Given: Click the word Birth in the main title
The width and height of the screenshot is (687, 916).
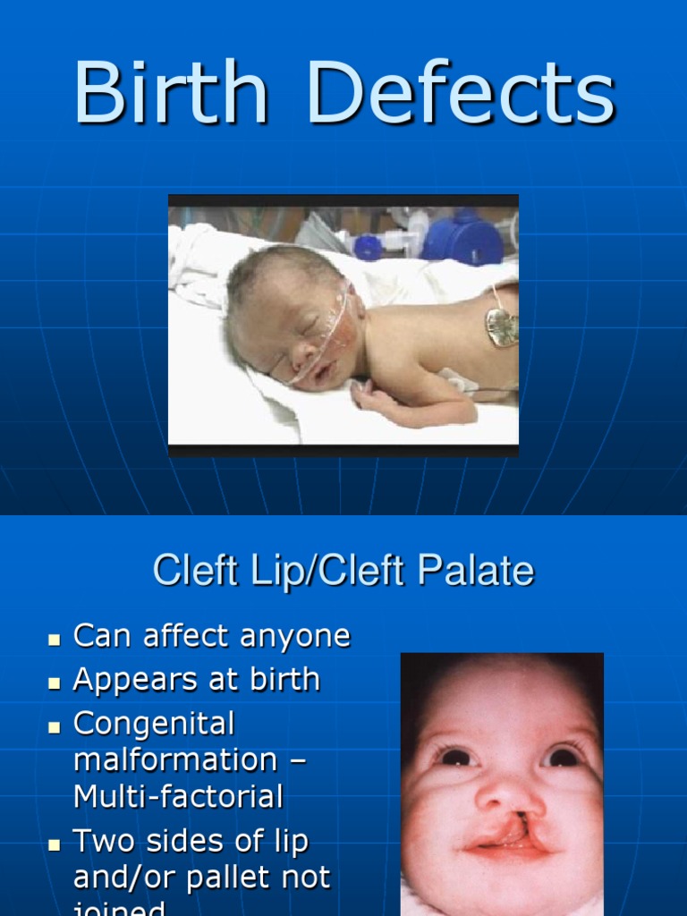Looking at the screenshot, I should (170, 94).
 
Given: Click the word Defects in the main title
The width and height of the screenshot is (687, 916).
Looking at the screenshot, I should (462, 94).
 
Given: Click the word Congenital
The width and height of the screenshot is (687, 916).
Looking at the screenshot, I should (153, 723).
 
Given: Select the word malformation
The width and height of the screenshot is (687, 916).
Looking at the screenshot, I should (175, 759).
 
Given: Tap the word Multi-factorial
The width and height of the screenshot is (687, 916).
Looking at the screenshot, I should (178, 795).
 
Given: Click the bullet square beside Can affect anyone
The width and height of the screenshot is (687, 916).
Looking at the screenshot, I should (55, 640).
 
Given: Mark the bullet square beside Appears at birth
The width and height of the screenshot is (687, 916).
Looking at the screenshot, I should (55, 683).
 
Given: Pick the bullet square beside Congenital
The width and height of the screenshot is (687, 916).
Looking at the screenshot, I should (55, 725).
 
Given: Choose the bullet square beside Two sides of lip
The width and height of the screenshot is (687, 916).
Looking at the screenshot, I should (55, 844).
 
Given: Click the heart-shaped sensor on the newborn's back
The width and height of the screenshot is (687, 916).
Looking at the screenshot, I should (501, 327).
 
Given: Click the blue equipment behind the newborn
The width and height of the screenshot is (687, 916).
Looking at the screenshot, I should (462, 237).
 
